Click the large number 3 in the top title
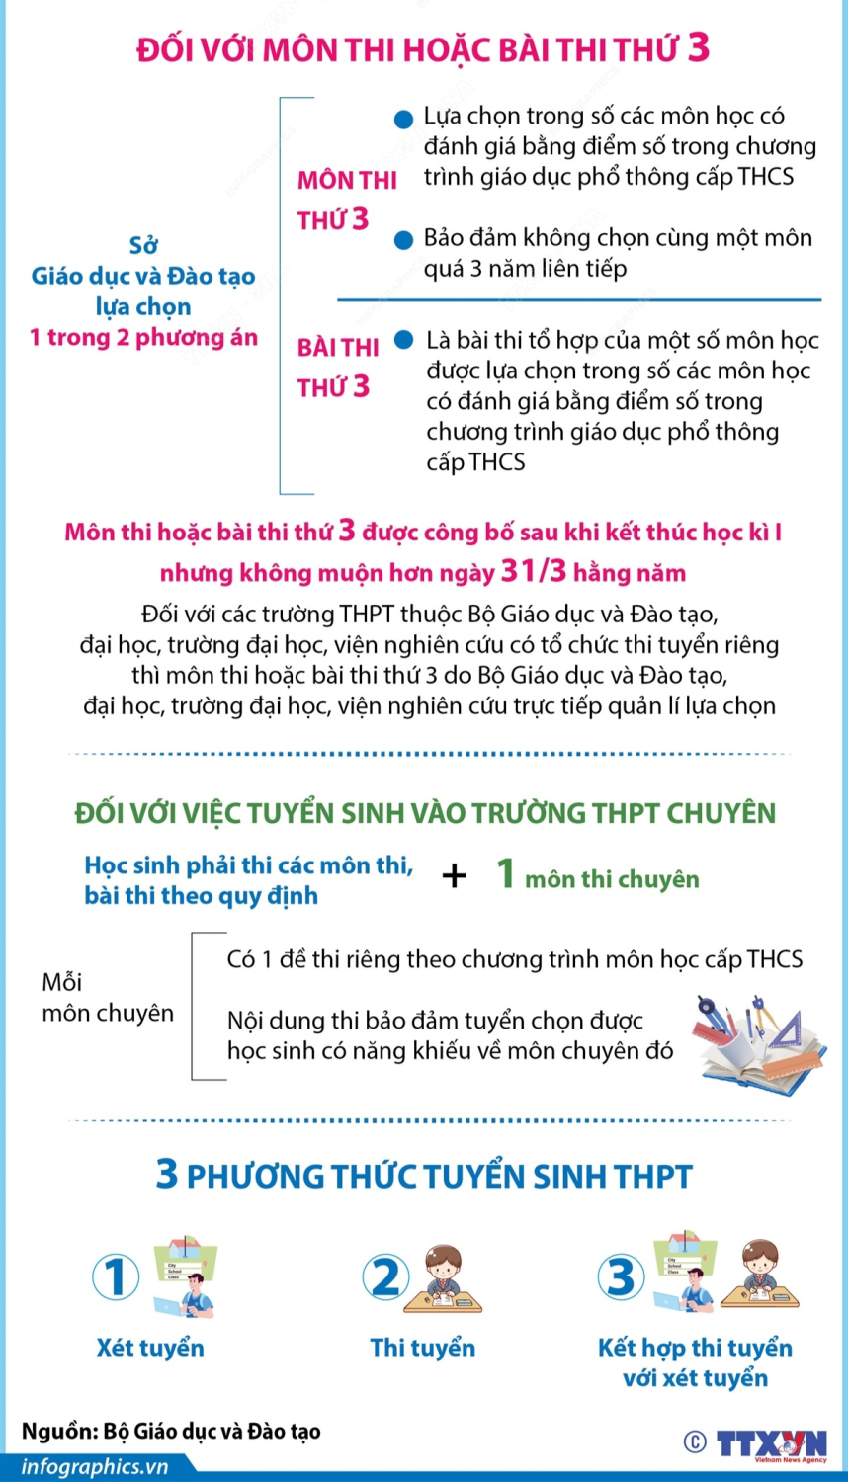[698, 47]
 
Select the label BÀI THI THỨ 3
[338, 367]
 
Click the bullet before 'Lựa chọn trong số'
[403, 120]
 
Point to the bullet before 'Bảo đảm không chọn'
[403, 240]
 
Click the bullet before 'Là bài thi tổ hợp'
[403, 340]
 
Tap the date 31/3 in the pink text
[534, 571]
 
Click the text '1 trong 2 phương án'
[143, 338]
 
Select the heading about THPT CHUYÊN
[425, 813]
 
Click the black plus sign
[455, 875]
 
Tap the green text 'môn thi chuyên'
[612, 879]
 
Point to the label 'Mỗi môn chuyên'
[107, 997]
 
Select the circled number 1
[116, 1276]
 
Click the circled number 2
[385, 1276]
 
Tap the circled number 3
[621, 1276]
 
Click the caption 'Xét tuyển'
[150, 1348]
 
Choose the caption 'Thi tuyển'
[422, 1348]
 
